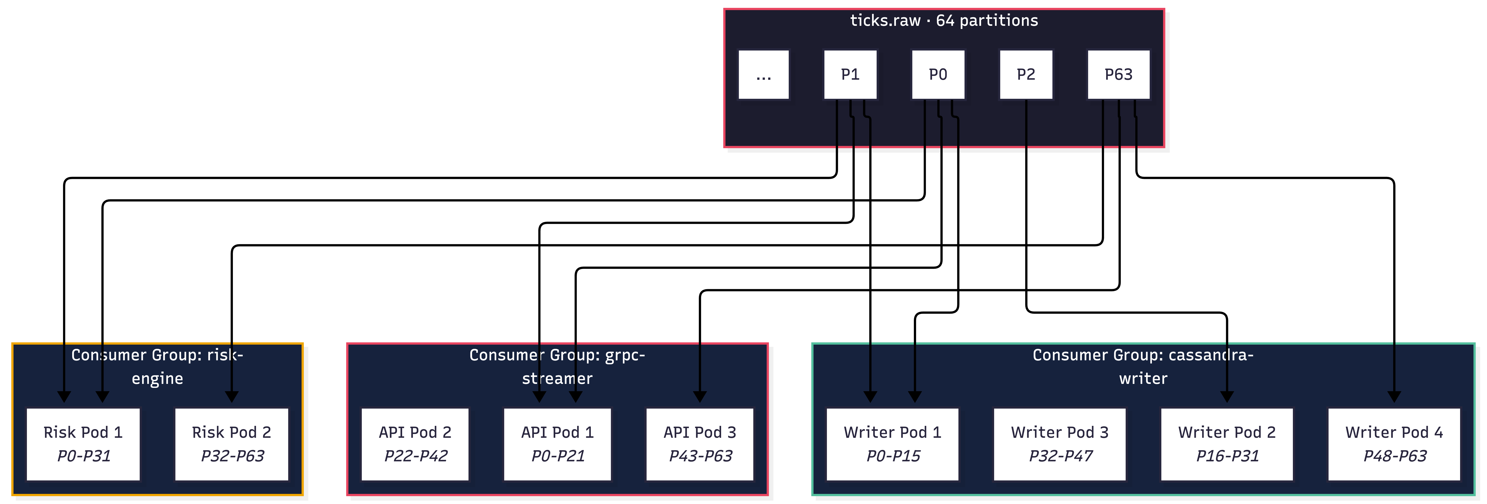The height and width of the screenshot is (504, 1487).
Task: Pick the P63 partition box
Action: click(x=1118, y=75)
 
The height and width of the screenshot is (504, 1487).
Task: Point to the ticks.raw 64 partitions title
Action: click(x=944, y=21)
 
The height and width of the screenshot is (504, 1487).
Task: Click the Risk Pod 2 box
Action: click(x=232, y=444)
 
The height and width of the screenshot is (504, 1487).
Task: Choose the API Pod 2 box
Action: click(x=415, y=444)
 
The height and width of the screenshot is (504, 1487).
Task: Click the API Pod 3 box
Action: click(x=700, y=444)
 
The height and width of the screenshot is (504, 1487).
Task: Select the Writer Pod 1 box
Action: click(x=892, y=444)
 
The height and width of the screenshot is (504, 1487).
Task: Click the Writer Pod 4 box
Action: click(x=1394, y=444)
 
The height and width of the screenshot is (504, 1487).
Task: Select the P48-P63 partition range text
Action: click(x=1395, y=456)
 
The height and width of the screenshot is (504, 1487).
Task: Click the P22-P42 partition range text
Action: click(x=416, y=456)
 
